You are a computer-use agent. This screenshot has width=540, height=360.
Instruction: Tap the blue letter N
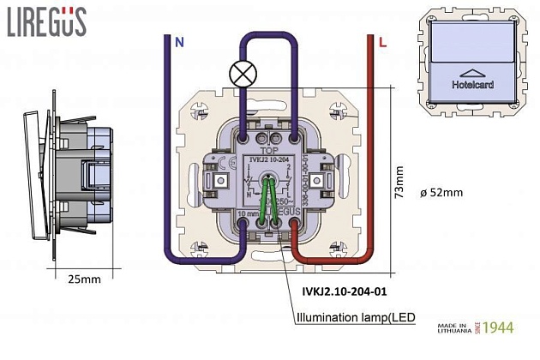(178, 41)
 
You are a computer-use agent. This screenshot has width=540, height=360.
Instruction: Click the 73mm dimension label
(398, 183)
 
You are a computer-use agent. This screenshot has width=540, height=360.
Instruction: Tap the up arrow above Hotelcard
(472, 72)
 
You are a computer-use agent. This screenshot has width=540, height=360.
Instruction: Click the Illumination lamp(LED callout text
(355, 318)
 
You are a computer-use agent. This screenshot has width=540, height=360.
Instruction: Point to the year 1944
(497, 327)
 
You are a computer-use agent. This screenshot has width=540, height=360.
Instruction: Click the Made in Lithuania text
(453, 328)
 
